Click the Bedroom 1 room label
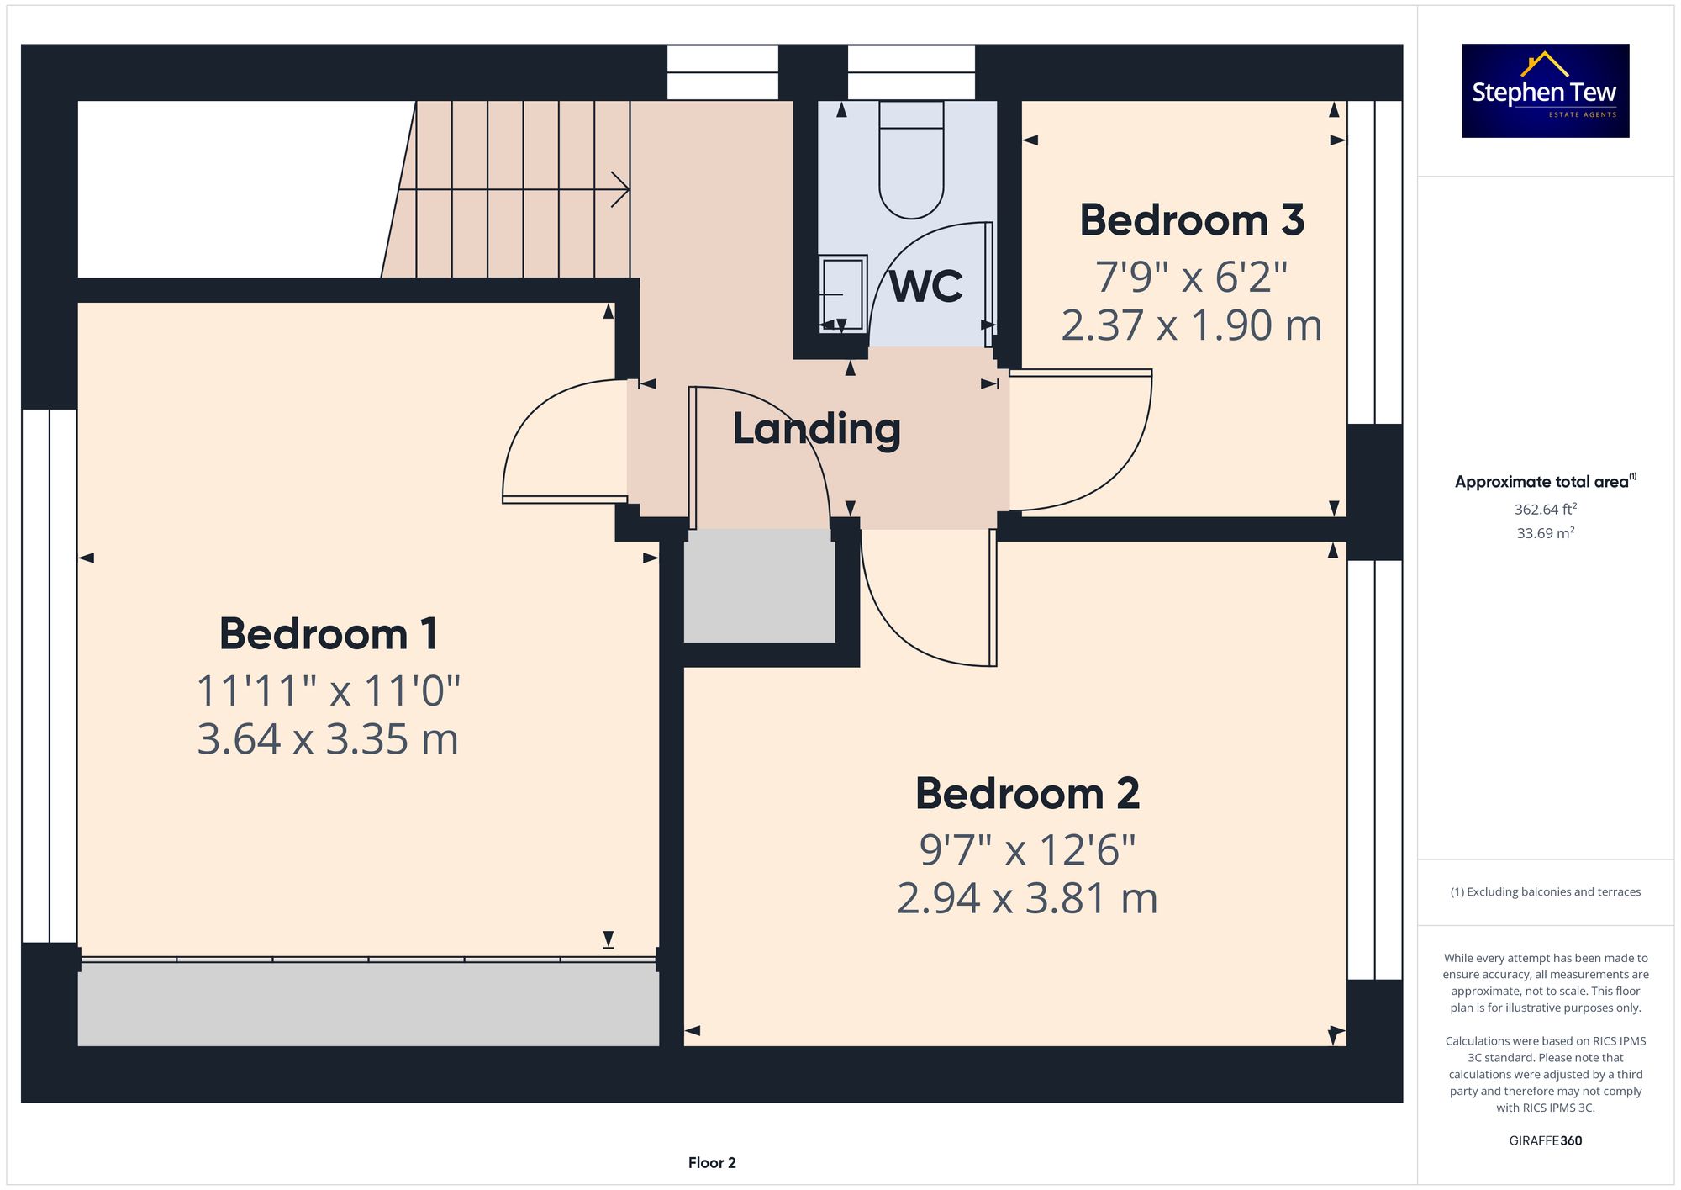329,634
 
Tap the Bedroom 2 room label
1027,794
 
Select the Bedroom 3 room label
1192,220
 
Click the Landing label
817,429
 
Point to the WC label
926,287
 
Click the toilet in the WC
911,160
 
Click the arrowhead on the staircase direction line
621,189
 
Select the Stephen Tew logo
1546,91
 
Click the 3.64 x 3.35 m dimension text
328,739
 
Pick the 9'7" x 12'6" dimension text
1027,850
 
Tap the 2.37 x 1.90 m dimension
1192,325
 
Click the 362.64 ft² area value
1546,509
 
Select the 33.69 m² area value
1546,533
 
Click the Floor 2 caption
712,1163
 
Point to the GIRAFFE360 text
1546,1141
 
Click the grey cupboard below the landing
760,586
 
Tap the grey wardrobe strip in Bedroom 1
368,1004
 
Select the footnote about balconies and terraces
1546,892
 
